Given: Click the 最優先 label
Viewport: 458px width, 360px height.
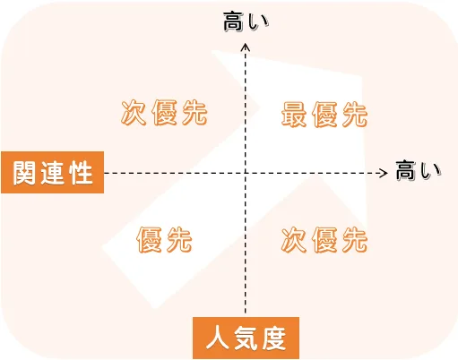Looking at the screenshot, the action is tap(324, 115).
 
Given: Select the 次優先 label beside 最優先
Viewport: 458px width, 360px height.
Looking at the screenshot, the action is tap(164, 113).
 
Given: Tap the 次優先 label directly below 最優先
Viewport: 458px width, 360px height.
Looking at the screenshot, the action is tap(324, 240).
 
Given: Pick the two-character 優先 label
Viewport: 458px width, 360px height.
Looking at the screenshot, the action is tap(164, 240).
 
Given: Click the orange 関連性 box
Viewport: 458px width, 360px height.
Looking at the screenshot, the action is tap(53, 173).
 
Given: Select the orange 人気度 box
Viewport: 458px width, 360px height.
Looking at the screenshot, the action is tap(246, 338).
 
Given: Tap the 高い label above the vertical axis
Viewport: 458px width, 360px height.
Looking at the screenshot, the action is tap(246, 21).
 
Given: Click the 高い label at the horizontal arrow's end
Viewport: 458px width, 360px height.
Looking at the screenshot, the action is tap(419, 171).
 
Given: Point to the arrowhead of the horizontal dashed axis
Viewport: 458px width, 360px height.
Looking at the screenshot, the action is tap(386, 173).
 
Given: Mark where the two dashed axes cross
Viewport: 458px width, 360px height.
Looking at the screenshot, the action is tap(246, 173).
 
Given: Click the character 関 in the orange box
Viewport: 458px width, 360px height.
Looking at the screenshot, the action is tap(24, 173).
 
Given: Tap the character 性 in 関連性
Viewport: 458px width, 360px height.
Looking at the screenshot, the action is tap(81, 173).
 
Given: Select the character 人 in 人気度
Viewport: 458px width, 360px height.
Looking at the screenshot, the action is tap(218, 339).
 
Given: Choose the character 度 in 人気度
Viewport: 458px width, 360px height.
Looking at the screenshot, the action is tap(274, 339).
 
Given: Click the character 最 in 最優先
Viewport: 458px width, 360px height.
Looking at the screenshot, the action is tap(294, 115).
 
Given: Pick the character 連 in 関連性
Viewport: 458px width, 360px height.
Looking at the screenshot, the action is tap(53, 173).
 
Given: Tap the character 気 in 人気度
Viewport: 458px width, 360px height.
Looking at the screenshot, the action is tap(246, 339).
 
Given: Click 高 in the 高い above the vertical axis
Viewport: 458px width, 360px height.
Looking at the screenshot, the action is tap(234, 21).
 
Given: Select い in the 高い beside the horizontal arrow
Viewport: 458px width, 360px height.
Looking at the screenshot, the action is tap(430, 171).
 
